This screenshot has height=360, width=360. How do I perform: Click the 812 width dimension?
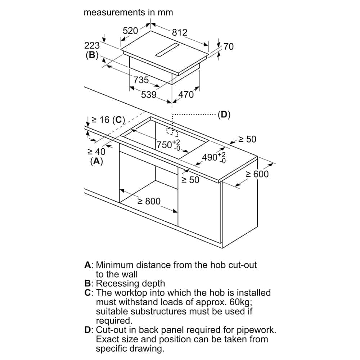pyautogui.click(x=179, y=32)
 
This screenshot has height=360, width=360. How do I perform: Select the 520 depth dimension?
pyautogui.click(x=130, y=31)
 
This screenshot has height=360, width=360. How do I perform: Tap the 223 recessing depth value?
pyautogui.click(x=92, y=46)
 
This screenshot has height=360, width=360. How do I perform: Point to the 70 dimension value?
pyautogui.click(x=228, y=46)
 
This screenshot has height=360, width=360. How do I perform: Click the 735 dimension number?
pyautogui.click(x=141, y=80)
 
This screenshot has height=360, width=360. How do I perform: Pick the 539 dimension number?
pyautogui.click(x=148, y=95)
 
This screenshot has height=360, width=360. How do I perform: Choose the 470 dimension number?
pyautogui.click(x=186, y=95)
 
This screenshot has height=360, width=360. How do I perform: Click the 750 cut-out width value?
pyautogui.click(x=165, y=145)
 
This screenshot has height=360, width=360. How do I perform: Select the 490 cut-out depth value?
pyautogui.click(x=210, y=157)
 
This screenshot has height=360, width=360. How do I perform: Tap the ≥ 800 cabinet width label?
pyautogui.click(x=149, y=201)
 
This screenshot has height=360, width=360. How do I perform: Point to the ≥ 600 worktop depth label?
pyautogui.click(x=257, y=174)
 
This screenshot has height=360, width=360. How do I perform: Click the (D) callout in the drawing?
pyautogui.click(x=224, y=115)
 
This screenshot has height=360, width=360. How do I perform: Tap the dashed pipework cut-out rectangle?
pyautogui.click(x=172, y=132)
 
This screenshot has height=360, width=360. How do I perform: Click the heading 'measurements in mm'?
pyautogui.click(x=128, y=12)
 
